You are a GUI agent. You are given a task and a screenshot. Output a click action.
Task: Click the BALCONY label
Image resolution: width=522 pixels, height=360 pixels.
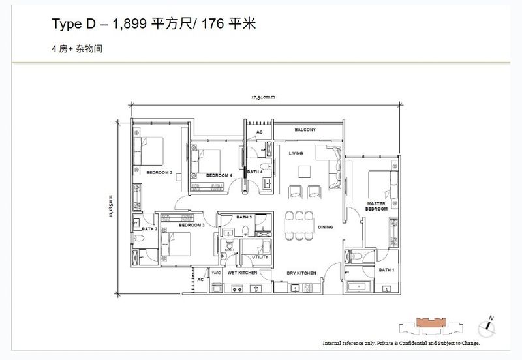pyautogui.click(x=305, y=130)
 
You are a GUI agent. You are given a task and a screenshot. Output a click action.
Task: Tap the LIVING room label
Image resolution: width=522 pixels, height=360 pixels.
pyautogui.click(x=298, y=153)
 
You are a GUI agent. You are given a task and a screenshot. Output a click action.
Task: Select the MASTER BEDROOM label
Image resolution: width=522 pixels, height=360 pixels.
pyautogui.click(x=378, y=205)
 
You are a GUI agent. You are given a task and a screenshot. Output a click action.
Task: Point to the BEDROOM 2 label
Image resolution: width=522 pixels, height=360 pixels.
pyautogui.click(x=159, y=173)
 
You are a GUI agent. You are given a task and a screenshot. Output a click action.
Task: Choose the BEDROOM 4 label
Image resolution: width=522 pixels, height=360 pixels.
pyautogui.click(x=219, y=175)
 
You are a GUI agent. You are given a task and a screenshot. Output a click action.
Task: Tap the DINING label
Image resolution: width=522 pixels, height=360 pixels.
pyautogui.click(x=326, y=227)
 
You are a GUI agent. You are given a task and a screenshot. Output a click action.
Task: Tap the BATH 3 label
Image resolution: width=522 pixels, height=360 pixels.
pyautogui.click(x=244, y=217)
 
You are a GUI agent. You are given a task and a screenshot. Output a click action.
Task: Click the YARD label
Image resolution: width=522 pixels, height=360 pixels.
pyautogui.click(x=216, y=273)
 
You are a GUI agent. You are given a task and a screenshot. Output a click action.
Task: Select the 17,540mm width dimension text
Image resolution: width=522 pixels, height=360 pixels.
pyautogui.click(x=264, y=98)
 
